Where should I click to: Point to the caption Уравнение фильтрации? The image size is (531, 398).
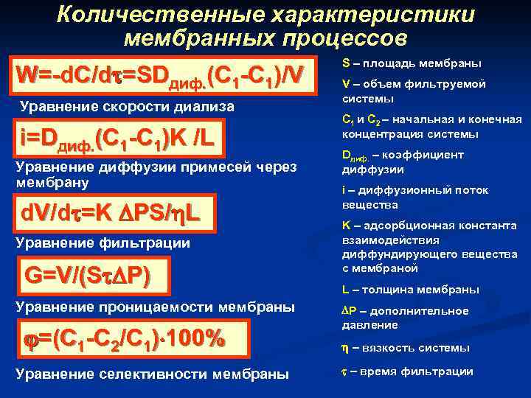[103, 242]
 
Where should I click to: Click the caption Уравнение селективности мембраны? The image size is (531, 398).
[152, 373]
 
